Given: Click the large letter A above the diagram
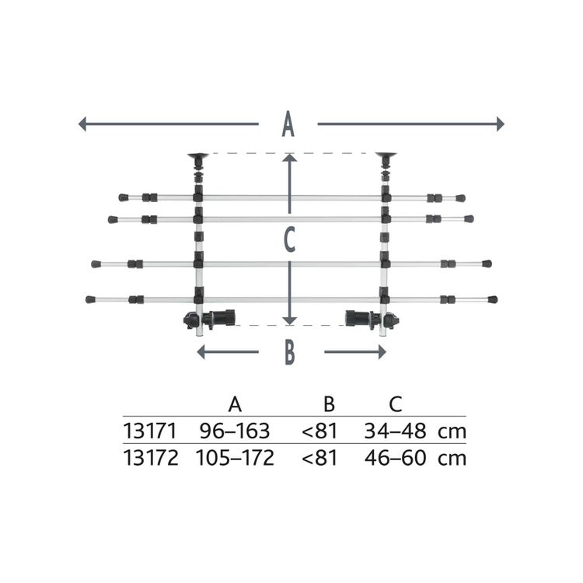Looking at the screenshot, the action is point(288,124).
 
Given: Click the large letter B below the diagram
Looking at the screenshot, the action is point(290,351).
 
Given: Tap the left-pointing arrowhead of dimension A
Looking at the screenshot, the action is point(82,124).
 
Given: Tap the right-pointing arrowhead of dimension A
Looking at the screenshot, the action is point(501,124).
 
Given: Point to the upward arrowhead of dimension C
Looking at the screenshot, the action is point(290,158).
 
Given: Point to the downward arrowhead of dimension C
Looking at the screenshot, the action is point(290,320).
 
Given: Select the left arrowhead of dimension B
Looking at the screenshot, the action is point(201,351).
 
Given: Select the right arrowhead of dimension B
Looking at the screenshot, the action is point(382,351).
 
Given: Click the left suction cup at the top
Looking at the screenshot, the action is point(197,155).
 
